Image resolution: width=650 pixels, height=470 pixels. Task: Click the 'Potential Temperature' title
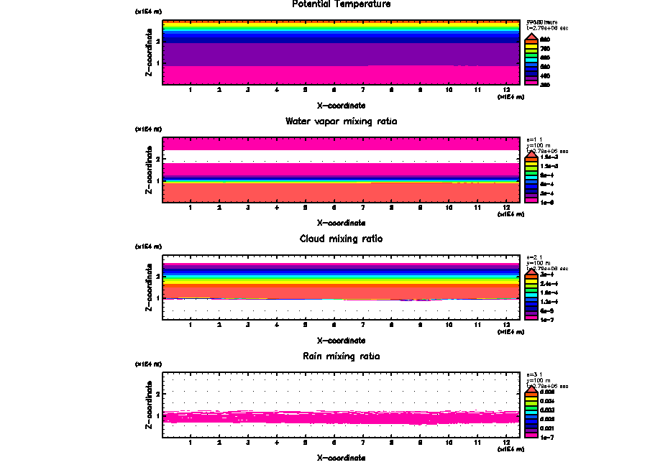click(x=341, y=4)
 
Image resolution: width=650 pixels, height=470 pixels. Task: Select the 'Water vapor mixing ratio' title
click(x=341, y=121)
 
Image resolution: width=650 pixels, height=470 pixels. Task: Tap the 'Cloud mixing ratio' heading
click(x=341, y=239)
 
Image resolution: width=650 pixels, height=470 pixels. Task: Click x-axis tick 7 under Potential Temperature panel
click(x=362, y=90)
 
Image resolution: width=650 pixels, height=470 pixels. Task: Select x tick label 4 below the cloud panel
click(x=277, y=324)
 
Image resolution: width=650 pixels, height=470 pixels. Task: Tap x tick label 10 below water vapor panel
click(x=449, y=207)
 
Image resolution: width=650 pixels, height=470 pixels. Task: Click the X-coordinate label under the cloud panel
click(x=341, y=340)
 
